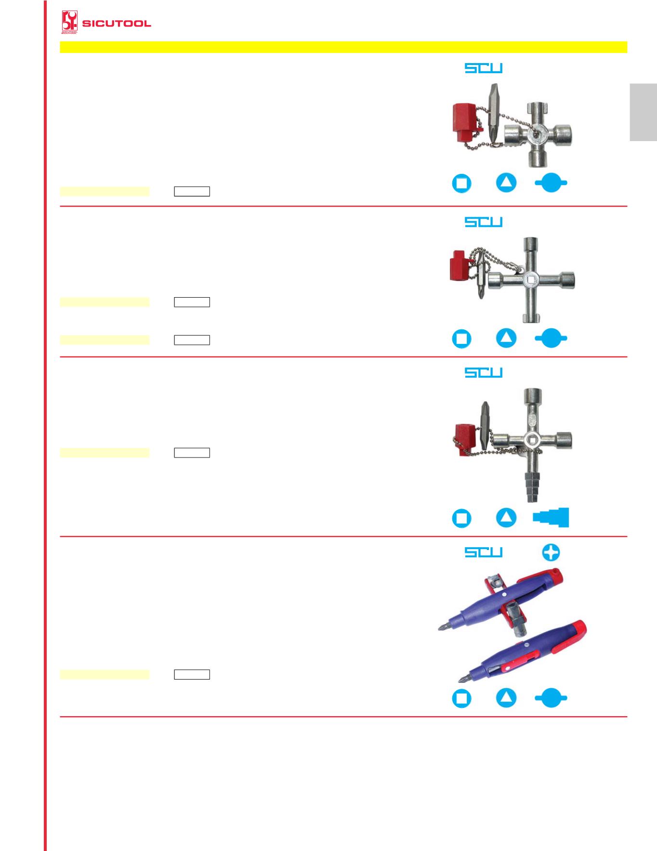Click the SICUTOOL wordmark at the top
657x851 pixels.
(x=117, y=24)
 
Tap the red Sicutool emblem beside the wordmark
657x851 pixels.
(x=70, y=23)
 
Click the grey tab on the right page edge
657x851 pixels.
(x=643, y=113)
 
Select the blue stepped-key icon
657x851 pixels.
(x=551, y=518)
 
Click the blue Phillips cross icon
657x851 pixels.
(x=551, y=552)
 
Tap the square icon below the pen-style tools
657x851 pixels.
(x=461, y=698)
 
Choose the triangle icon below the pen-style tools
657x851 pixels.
(x=506, y=698)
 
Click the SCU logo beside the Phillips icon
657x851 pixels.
(x=483, y=552)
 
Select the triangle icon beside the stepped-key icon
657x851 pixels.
(x=506, y=518)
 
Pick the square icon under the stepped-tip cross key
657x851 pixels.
(x=461, y=518)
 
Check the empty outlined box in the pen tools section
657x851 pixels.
(x=192, y=674)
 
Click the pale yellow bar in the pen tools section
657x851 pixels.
(x=105, y=674)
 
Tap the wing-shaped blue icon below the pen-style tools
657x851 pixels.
(x=551, y=698)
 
